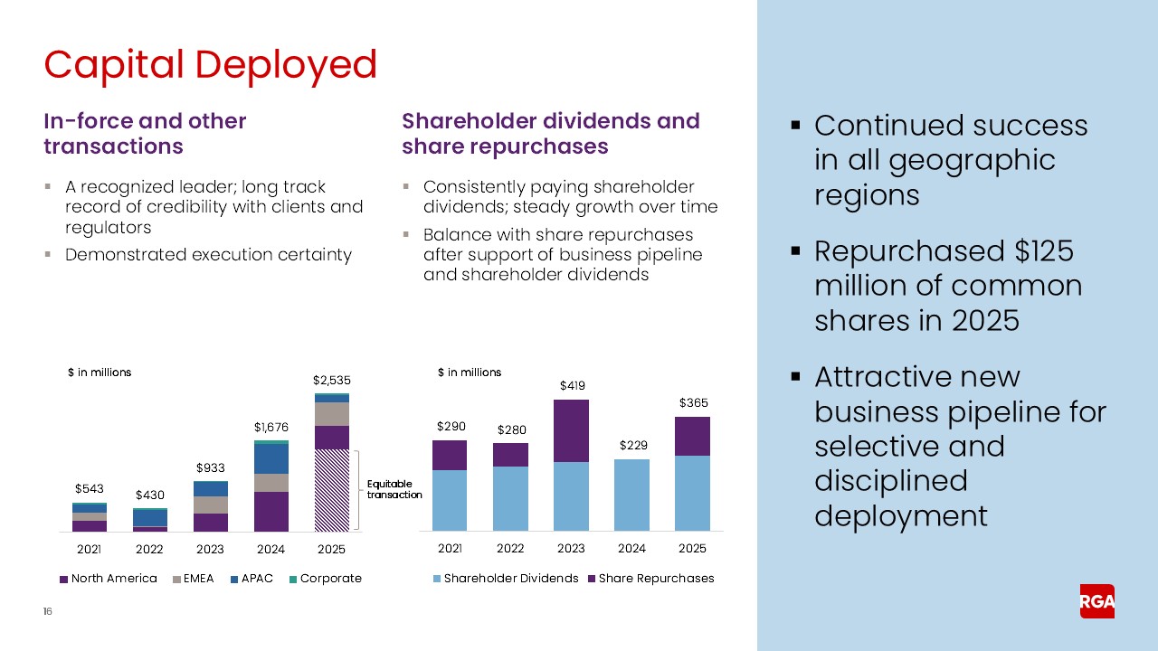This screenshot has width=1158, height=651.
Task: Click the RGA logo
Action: [1096, 601]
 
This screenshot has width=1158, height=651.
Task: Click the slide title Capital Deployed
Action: [210, 65]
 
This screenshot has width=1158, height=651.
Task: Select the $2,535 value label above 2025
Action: [331, 382]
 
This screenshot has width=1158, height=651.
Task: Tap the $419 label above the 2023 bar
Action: [571, 386]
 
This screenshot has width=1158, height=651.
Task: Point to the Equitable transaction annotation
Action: [394, 489]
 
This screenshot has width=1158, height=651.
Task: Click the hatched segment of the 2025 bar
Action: [331, 490]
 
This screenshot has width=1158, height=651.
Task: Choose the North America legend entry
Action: [108, 579]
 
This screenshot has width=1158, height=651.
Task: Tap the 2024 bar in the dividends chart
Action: [631, 495]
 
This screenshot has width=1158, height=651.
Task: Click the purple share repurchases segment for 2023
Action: [571, 431]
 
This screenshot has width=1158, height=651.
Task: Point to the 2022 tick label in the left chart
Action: [149, 549]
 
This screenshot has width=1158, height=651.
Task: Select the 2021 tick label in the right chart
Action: [450, 549]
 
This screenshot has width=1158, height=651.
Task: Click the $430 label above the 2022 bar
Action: [149, 495]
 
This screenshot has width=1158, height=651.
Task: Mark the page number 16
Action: [48, 612]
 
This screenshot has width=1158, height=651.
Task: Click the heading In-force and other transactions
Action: [145, 134]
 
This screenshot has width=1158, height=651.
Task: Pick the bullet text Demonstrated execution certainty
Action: [208, 255]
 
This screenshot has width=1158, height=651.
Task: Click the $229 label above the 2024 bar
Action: [631, 446]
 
